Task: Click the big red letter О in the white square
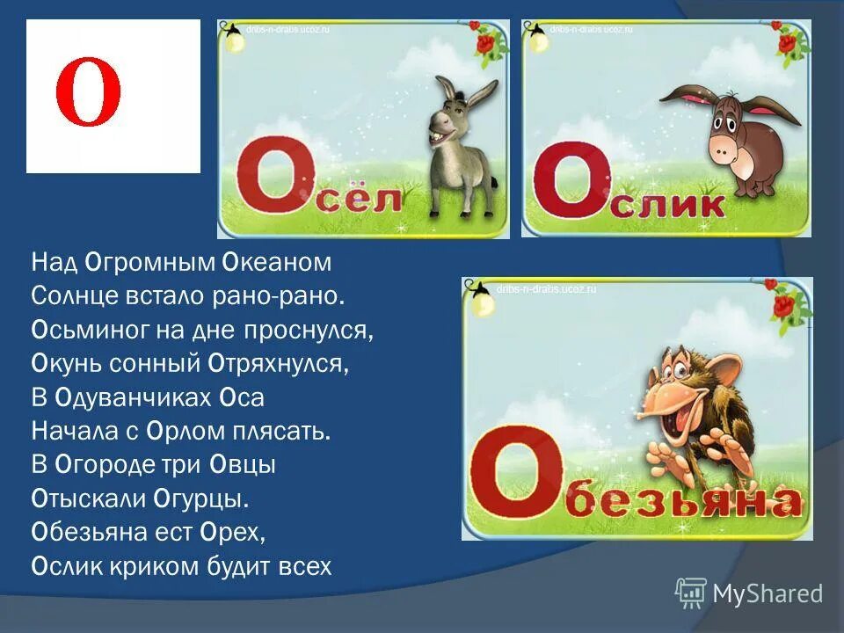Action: click(88, 94)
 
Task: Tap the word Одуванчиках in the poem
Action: click(131, 397)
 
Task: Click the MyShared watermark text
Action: click(768, 593)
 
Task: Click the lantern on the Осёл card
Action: click(233, 38)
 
